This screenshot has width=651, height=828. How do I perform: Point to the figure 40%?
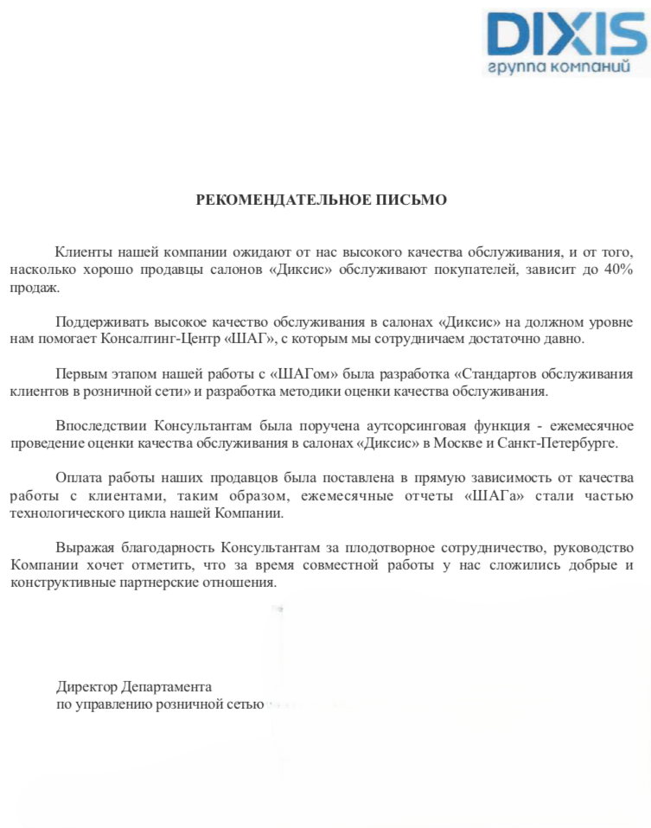click(x=617, y=270)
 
